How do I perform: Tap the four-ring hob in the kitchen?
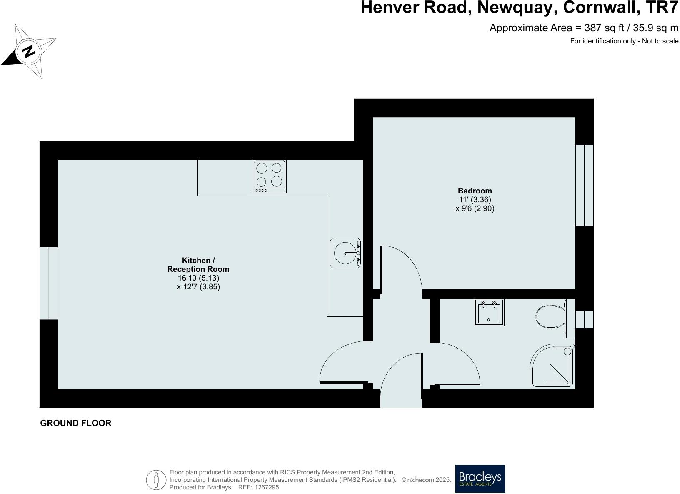pyautogui.click(x=270, y=176)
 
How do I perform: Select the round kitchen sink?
pyautogui.click(x=345, y=253)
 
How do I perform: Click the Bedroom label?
pyautogui.click(x=475, y=191)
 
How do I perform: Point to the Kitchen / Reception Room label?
pyautogui.click(x=198, y=265)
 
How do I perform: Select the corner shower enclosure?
pyautogui.click(x=553, y=367)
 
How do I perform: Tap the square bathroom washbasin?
pyautogui.click(x=489, y=312)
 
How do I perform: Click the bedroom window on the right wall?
pyautogui.click(x=584, y=185)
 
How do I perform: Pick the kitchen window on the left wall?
pyautogui.click(x=49, y=283)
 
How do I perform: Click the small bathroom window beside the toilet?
pyautogui.click(x=584, y=319)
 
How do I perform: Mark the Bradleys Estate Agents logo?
pyautogui.click(x=480, y=479)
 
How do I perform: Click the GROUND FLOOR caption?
pyautogui.click(x=76, y=423)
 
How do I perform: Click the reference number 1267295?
pyautogui.click(x=267, y=487)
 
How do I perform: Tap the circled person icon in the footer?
pyautogui.click(x=156, y=480)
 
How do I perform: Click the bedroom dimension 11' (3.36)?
pyautogui.click(x=475, y=200)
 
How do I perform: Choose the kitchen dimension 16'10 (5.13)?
pyautogui.click(x=198, y=278)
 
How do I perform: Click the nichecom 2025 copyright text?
pyautogui.click(x=426, y=480)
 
